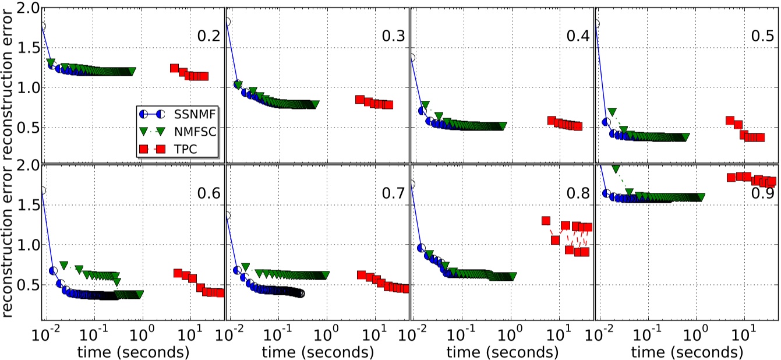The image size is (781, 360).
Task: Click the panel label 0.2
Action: (208, 36)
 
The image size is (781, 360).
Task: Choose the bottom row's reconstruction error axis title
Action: (8, 256)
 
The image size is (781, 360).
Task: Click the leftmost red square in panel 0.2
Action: (174, 68)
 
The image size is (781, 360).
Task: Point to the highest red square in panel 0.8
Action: (546, 221)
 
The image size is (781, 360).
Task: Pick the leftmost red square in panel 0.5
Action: (730, 121)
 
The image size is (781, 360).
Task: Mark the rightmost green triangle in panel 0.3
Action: (315, 105)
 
